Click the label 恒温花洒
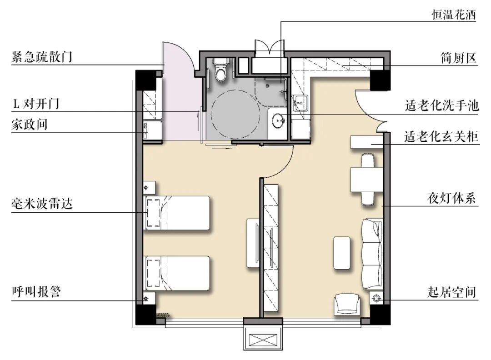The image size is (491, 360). coord(454,15)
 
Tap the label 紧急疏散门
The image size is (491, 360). coord(42,57)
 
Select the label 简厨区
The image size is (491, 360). coord(458,58)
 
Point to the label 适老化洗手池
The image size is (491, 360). coord(442,105)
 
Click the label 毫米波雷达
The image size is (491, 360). coord(42,204)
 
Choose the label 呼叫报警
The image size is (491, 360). coord(36,291)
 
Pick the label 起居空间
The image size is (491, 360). coord(452,292)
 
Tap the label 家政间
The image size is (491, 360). coord(30,124)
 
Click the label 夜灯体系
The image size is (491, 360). coord(451,198)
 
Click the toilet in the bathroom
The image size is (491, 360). coord(221,70)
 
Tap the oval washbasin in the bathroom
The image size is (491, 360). coord(278,120)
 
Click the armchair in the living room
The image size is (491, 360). coord(347,304)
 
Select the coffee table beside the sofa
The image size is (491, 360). coord(342,253)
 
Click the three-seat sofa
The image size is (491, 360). coord(372,254)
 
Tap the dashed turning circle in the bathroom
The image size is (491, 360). coord(235,114)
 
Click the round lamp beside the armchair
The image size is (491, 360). coord(376,298)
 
